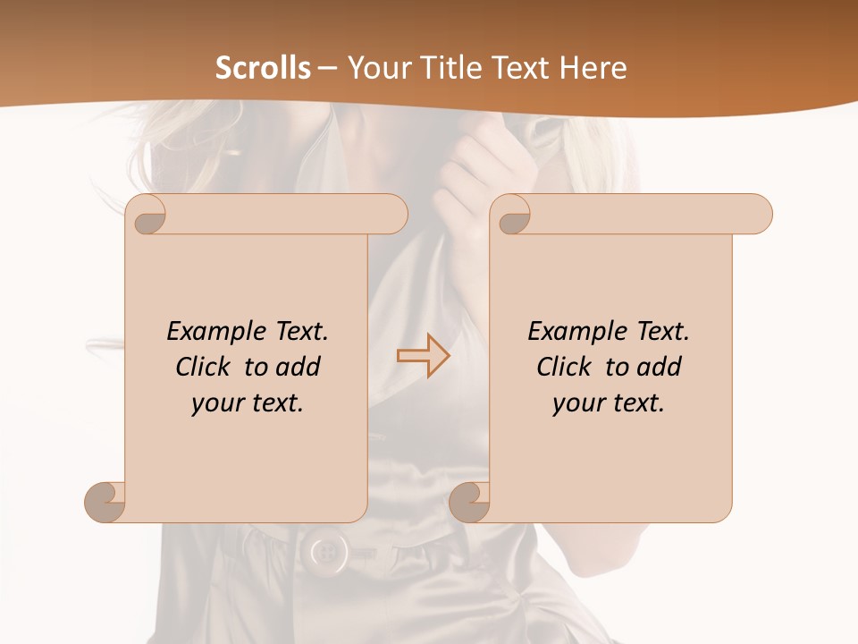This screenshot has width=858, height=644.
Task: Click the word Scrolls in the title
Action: coord(263,68)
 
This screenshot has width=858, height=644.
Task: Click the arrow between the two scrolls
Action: coord(423,356)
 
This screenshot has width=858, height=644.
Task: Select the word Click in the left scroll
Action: coord(206,368)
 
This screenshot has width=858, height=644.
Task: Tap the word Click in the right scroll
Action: coord(568,368)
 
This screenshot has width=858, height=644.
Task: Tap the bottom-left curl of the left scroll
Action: coord(105,501)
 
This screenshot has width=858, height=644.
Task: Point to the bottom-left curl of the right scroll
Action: coord(468,501)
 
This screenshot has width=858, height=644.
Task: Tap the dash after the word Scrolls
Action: coord(327,69)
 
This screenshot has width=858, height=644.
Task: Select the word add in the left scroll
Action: coord(299,368)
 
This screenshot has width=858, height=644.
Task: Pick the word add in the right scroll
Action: coord(660,368)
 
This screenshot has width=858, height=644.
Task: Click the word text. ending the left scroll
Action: coord(275,404)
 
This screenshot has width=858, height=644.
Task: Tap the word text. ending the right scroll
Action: coord(636,404)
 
